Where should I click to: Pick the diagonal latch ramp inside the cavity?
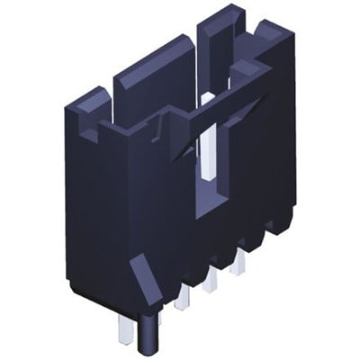[184, 144]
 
